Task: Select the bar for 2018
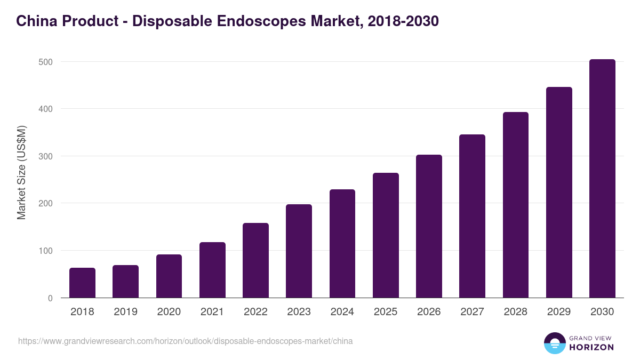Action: pyautogui.click(x=82, y=283)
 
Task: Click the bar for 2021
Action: pyautogui.click(x=212, y=270)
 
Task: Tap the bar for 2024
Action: pyautogui.click(x=342, y=243)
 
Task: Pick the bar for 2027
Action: pyautogui.click(x=472, y=216)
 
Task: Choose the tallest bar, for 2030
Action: pyautogui.click(x=602, y=178)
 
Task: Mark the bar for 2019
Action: pyautogui.click(x=125, y=281)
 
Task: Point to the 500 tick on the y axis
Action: pyautogui.click(x=46, y=62)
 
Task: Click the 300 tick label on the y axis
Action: pyautogui.click(x=46, y=156)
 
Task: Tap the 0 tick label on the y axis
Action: pyautogui.click(x=50, y=298)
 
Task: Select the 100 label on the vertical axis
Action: pyautogui.click(x=46, y=251)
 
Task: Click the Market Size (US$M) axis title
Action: pyautogui.click(x=21, y=172)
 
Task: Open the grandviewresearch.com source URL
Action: pyautogui.click(x=185, y=341)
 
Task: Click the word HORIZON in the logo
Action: pyautogui.click(x=591, y=347)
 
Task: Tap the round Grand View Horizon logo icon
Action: pyautogui.click(x=554, y=343)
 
